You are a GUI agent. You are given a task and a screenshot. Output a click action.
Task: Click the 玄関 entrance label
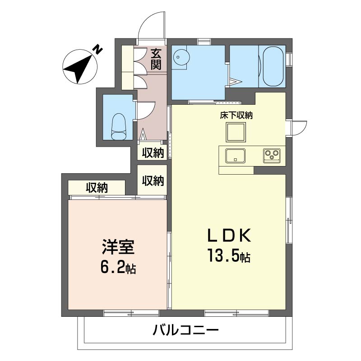(156, 60)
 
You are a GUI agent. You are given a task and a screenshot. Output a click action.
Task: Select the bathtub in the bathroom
(273, 66)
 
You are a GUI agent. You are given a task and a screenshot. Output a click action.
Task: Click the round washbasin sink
(182, 56)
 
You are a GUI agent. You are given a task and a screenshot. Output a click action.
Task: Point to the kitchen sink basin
(235, 156)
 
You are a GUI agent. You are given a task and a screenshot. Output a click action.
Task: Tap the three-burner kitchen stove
(272, 156)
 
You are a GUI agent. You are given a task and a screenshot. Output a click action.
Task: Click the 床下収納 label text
(236, 116)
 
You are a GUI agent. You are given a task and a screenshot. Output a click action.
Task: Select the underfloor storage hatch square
(236, 132)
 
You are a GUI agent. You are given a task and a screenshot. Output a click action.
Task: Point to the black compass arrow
(79, 68)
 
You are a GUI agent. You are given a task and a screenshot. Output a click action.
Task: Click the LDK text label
(229, 236)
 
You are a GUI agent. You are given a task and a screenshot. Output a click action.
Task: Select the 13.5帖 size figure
(229, 255)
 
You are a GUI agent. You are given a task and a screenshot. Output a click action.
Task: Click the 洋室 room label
(118, 247)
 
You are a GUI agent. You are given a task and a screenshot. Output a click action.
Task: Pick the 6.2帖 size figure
(118, 267)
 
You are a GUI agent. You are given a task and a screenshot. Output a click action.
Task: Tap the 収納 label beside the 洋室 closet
(97, 188)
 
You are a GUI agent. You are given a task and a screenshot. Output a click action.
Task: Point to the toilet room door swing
(148, 111)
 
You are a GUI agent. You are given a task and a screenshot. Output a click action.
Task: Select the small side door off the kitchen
(299, 128)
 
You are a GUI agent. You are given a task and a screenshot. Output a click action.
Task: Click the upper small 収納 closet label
(153, 153)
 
